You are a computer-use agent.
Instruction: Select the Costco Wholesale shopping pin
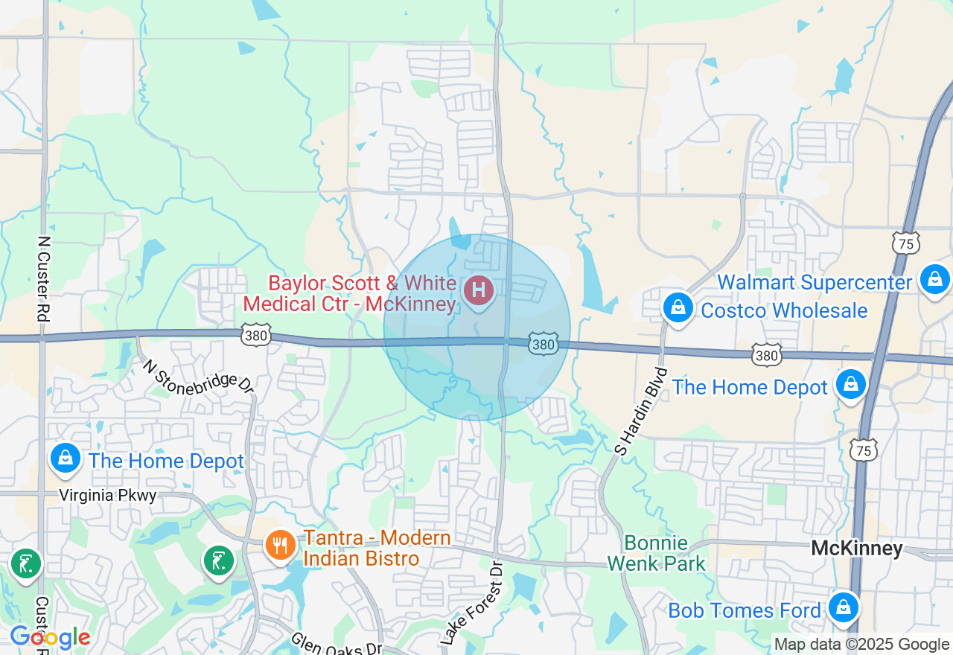coord(678,308)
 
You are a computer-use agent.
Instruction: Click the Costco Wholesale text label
coord(784,310)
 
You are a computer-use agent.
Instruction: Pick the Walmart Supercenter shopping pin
coord(934,280)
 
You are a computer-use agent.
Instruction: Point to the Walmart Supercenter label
coord(815,283)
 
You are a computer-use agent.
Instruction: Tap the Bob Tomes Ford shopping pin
coord(844,607)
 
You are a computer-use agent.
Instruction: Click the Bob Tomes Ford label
coord(744,611)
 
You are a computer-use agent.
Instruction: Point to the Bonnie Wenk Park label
coord(656,553)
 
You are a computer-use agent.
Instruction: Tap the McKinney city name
coord(856,549)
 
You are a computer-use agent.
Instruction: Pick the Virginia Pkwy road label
coord(108,496)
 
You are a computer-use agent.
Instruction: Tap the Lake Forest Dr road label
coord(472,604)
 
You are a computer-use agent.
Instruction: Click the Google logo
coord(50,637)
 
